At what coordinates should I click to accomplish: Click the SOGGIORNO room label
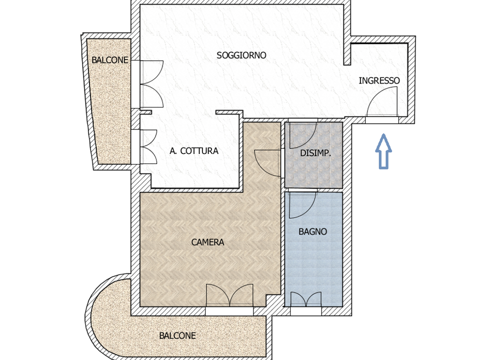tap(241, 55)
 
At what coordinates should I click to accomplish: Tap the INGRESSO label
tap(379, 80)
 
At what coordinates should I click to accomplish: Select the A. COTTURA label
tap(194, 151)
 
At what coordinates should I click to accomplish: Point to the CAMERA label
tap(207, 242)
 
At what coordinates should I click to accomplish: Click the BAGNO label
tap(312, 231)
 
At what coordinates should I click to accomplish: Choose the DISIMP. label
tap(315, 153)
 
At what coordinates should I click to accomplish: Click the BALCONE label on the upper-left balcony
tap(109, 60)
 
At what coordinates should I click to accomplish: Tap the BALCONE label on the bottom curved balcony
tap(177, 336)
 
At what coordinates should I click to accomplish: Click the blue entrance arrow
tap(383, 151)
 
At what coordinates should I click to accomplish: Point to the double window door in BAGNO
tap(306, 299)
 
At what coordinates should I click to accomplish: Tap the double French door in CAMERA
tap(229, 295)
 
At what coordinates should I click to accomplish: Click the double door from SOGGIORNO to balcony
tap(151, 84)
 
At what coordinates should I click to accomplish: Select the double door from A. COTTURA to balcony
tap(148, 146)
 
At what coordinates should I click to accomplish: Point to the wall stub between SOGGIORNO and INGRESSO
tap(347, 50)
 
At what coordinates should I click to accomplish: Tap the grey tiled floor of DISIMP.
tap(313, 171)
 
